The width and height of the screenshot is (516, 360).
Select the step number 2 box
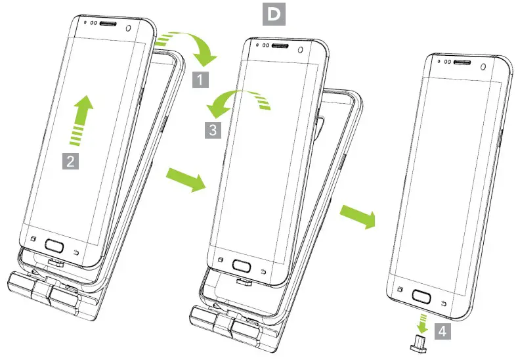click(x=71, y=159)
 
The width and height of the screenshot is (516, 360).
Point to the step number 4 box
click(x=441, y=332)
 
